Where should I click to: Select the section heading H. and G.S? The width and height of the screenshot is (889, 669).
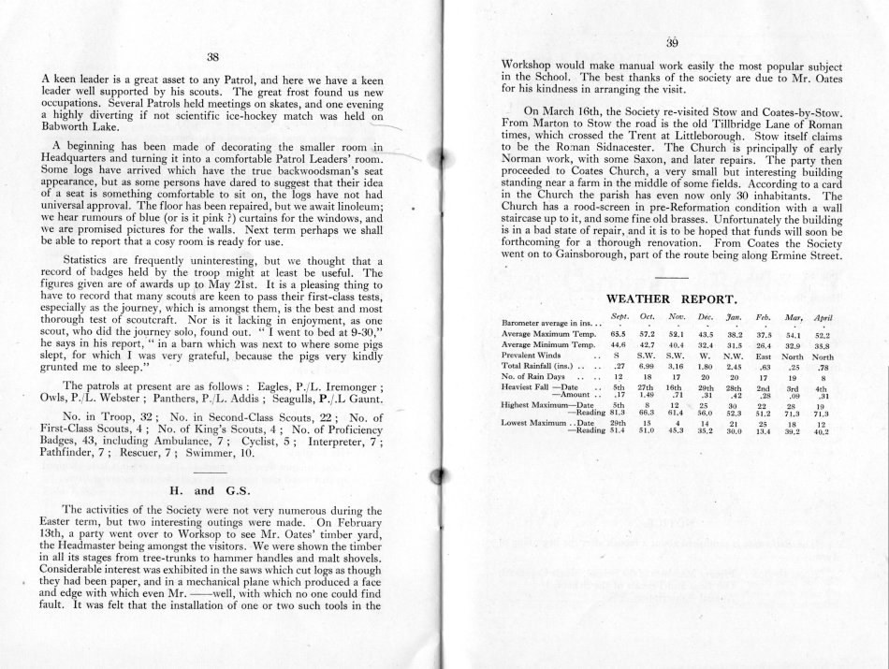click(217, 489)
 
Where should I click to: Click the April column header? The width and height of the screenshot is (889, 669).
click(823, 318)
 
